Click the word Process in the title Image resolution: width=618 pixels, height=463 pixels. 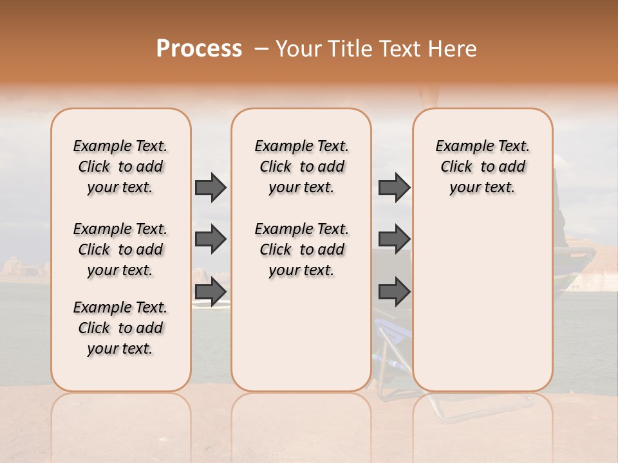coord(199,49)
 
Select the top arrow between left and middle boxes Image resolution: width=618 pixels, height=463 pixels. coord(211,188)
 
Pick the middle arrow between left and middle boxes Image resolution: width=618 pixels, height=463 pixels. coord(211,239)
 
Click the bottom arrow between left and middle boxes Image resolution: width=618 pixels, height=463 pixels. coord(211,291)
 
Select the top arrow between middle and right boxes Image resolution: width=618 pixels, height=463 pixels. coord(394,188)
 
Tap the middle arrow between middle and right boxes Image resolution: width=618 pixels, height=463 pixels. coord(394,239)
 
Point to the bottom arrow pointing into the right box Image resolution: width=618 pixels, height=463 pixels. coord(394,291)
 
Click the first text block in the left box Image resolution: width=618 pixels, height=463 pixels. coord(120,167)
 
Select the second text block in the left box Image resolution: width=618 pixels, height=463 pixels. coord(120,250)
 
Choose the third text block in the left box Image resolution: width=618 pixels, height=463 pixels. coord(120,328)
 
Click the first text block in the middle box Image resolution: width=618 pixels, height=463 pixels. coord(301,167)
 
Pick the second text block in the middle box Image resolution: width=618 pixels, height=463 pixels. coord(301,250)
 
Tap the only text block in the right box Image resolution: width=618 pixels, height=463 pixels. coord(482,167)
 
